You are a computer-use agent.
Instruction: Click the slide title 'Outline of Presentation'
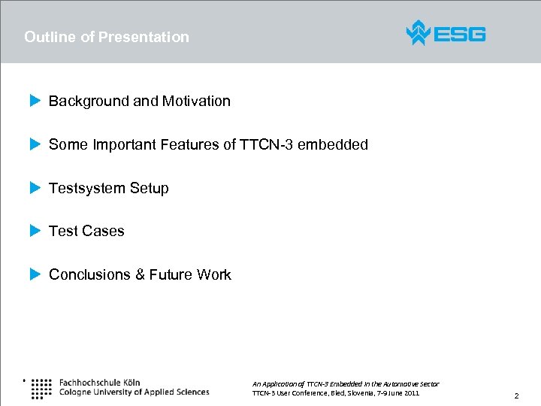[x=107, y=37]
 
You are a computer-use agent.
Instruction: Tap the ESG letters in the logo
[x=460, y=34]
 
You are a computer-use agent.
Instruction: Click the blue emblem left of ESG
[x=418, y=33]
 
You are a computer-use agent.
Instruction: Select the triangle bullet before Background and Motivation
[x=34, y=101]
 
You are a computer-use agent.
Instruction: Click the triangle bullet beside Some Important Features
[x=34, y=144]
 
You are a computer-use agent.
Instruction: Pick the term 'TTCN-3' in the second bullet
[x=266, y=144]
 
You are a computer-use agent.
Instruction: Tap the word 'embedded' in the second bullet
[x=333, y=144]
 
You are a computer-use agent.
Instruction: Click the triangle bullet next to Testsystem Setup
[x=34, y=188]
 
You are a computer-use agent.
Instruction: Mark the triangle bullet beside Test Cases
[x=34, y=231]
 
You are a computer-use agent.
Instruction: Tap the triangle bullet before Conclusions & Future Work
[x=34, y=274]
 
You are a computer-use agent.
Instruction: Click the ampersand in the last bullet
[x=140, y=274]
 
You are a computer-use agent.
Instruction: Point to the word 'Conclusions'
[x=89, y=274]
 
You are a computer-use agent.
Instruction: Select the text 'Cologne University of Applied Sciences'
[x=134, y=392]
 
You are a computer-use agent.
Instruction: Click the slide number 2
[x=516, y=395]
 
